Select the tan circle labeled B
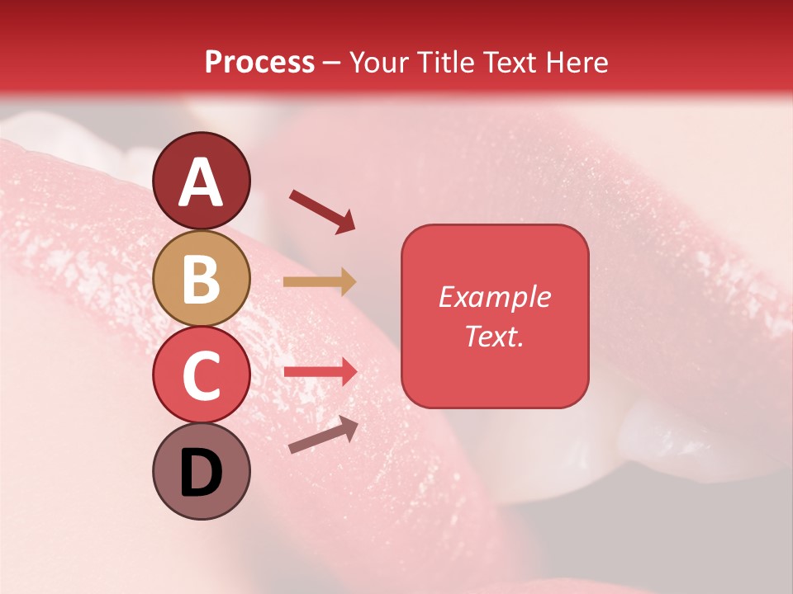pos(202,278)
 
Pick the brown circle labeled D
pos(202,471)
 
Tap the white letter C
pos(202,375)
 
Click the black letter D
pos(202,473)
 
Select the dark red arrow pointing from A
pos(322,211)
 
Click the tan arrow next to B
pos(320,281)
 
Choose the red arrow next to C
pos(320,371)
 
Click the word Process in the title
pos(259,63)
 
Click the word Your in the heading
pos(379,63)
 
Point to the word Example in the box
pos(494,297)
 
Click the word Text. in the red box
pos(494,336)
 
